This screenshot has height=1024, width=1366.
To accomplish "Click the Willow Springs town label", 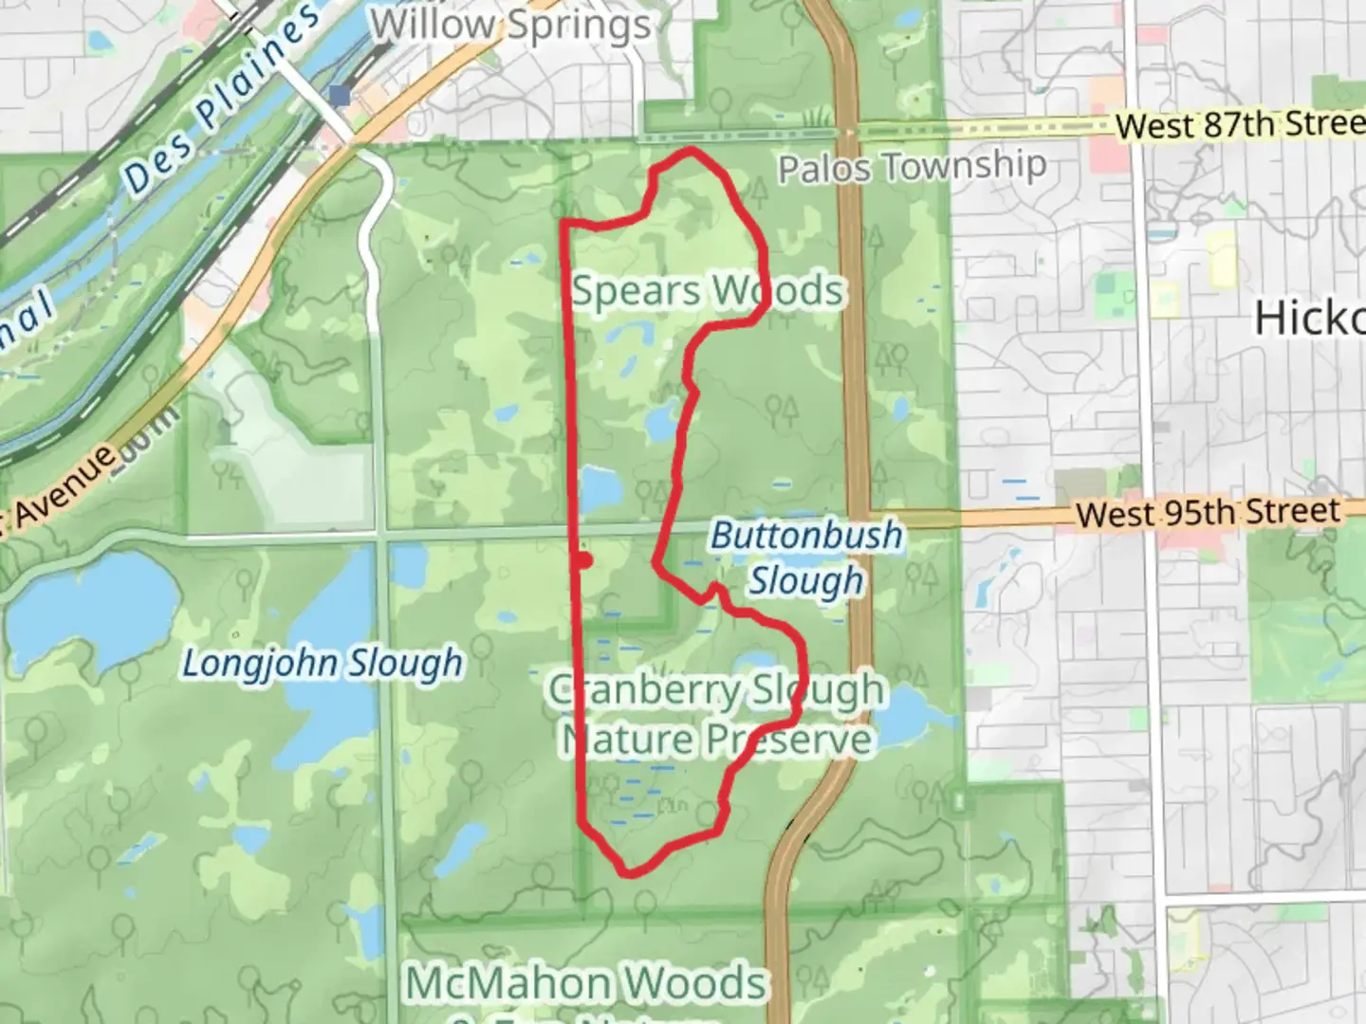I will [512, 26].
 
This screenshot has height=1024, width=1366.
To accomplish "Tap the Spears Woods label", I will [708, 290].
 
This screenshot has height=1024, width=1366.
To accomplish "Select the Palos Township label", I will [913, 168].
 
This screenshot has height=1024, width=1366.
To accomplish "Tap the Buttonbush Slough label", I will [807, 558].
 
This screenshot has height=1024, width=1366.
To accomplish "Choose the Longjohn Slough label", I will [323, 663].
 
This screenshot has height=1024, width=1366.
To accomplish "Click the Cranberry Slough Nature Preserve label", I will [717, 715].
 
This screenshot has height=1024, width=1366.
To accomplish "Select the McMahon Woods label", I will [586, 983].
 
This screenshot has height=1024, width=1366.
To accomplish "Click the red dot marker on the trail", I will [584, 560].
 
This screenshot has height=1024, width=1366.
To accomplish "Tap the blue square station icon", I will [340, 95].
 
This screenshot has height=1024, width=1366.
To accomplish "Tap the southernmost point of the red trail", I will [628, 873].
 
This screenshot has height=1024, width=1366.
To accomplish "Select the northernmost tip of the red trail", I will [691, 151].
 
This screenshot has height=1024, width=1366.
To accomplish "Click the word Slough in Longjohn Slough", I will [405, 663].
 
